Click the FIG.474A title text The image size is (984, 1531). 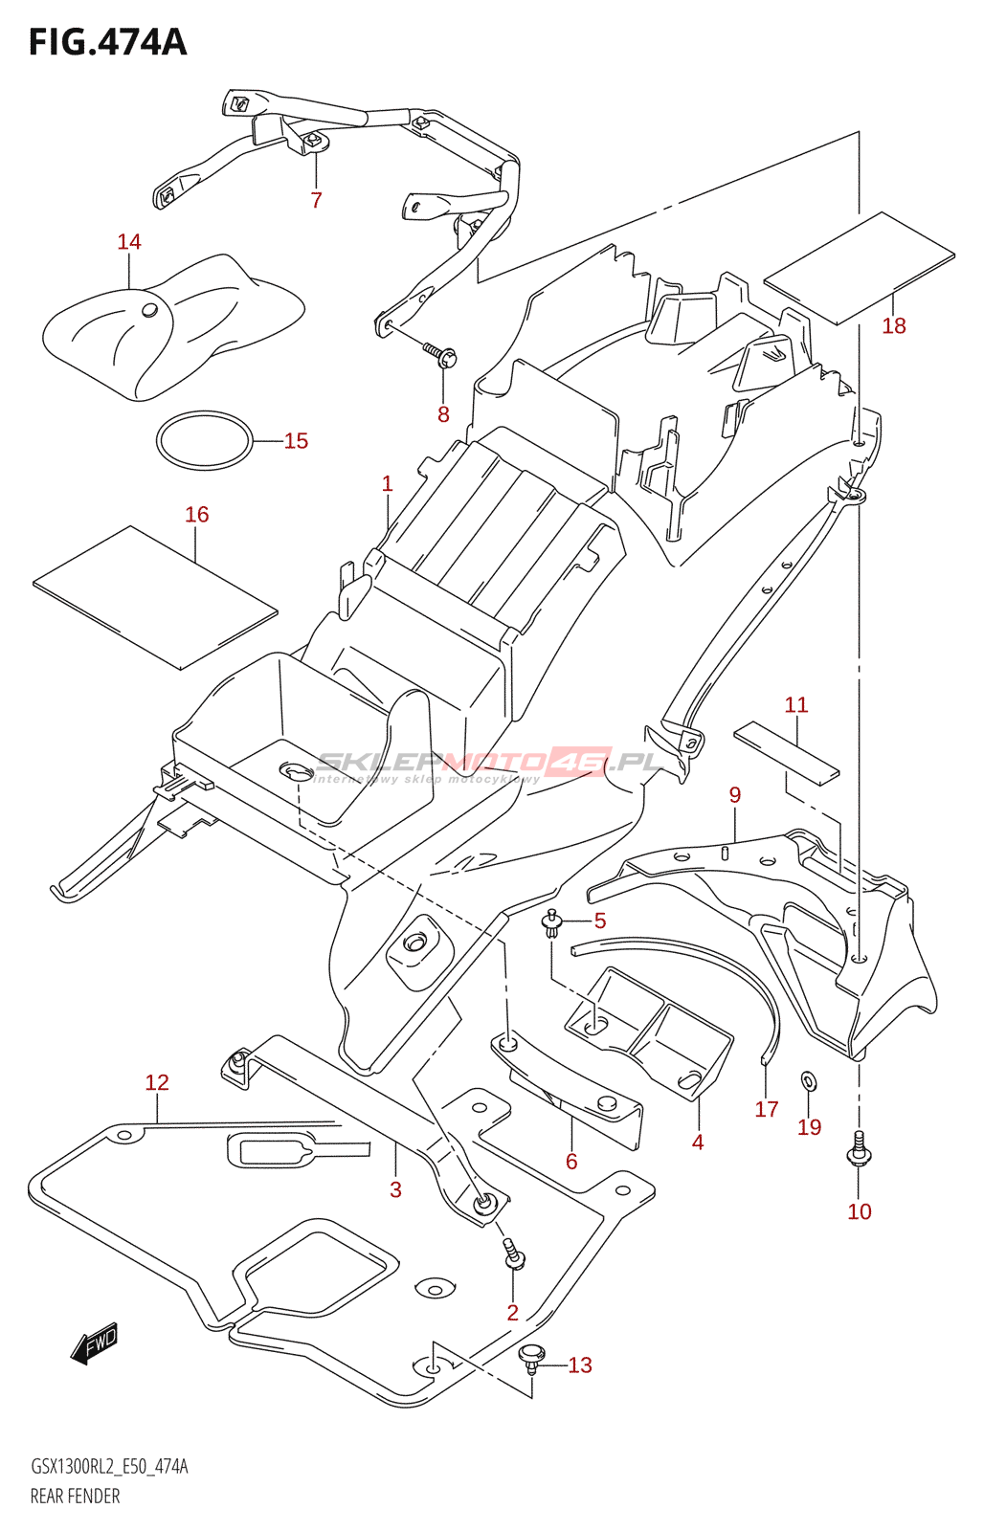(107, 42)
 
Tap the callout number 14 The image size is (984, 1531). (129, 242)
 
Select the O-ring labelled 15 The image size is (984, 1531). (205, 440)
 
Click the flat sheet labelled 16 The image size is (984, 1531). (155, 596)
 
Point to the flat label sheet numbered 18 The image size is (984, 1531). (859, 268)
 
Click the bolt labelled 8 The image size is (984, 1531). (443, 356)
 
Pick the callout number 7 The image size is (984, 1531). (316, 200)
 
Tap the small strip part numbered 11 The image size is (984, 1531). (786, 751)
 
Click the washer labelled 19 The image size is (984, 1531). (809, 1081)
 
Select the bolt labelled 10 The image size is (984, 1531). (859, 1150)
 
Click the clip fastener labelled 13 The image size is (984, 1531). (531, 1356)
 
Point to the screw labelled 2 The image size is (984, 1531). (514, 1254)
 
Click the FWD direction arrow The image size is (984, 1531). (95, 1342)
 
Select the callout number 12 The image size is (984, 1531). (157, 1082)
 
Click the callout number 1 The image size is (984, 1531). (387, 484)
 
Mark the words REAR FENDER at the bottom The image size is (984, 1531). (75, 1497)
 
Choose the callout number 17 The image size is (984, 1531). (767, 1109)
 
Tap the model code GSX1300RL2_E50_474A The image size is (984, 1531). (109, 1467)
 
